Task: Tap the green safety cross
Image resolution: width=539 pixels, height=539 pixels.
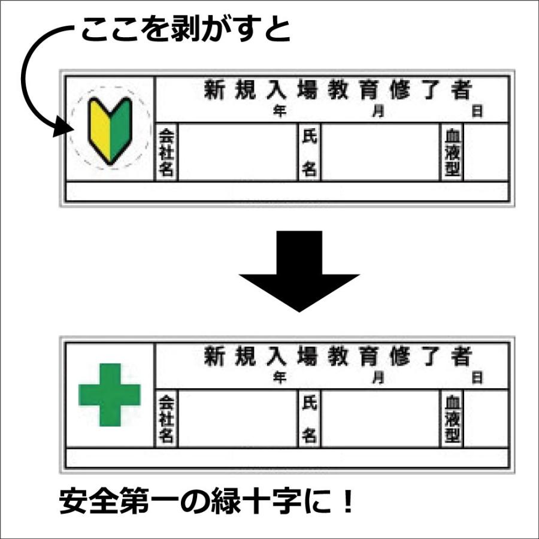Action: click(x=110, y=395)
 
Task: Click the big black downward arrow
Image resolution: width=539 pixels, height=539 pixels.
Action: click(x=299, y=269)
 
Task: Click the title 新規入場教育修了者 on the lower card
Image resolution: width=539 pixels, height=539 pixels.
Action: click(x=338, y=357)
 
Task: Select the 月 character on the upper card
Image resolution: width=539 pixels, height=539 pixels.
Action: click(x=378, y=111)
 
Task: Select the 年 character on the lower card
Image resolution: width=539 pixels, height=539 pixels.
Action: click(x=279, y=378)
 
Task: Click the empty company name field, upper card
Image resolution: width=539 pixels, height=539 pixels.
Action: click(x=237, y=152)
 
